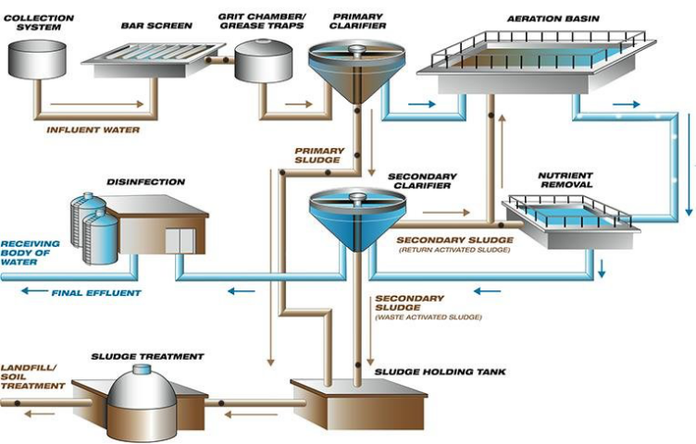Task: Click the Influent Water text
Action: click(93, 129)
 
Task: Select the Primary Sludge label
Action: click(319, 155)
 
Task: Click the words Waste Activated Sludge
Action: click(428, 317)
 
